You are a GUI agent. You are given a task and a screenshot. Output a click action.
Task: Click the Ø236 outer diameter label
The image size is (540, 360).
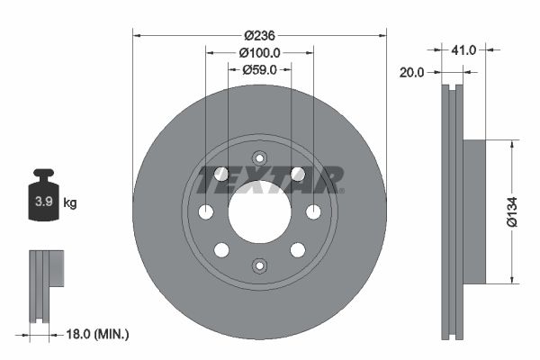(259, 35)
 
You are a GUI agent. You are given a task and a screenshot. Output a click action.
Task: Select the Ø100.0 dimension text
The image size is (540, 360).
(259, 53)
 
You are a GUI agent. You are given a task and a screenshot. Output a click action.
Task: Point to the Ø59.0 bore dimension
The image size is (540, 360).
(259, 69)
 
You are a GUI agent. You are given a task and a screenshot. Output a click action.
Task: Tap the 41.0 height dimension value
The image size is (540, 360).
(463, 50)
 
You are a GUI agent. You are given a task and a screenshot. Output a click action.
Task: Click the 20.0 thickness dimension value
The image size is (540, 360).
(411, 73)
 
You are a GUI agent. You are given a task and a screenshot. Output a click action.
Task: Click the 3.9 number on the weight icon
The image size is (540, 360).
(41, 202)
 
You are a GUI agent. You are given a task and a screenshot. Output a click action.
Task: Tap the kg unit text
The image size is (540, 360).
(70, 203)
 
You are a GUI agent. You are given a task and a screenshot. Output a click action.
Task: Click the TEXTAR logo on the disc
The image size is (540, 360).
(271, 180)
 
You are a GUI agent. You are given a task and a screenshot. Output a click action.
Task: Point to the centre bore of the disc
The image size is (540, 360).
(259, 212)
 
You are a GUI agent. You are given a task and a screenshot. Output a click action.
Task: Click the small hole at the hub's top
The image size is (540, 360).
(259, 158)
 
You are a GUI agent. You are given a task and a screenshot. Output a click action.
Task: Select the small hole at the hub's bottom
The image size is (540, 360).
(259, 265)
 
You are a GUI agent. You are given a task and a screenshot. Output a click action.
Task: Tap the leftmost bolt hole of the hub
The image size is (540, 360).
(205, 212)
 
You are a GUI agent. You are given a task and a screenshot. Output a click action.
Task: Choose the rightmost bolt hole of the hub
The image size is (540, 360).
(313, 211)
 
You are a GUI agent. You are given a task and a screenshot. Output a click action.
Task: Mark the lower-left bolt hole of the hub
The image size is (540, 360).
(221, 249)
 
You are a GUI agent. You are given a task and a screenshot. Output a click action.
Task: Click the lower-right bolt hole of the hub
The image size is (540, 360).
(298, 249)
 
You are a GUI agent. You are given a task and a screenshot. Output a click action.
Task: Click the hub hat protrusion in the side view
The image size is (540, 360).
(475, 210)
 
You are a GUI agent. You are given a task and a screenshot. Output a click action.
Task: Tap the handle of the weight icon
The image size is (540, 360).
(42, 173)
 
